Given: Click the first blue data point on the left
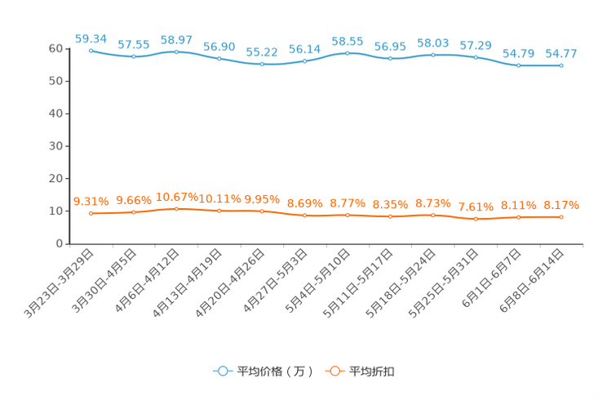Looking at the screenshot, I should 91,50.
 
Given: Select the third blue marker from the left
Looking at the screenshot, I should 176,51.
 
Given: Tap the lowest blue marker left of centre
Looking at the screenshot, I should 262,64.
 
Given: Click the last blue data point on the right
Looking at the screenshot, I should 561,65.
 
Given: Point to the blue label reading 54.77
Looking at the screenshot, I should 561,54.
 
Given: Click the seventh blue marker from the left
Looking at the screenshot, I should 348,53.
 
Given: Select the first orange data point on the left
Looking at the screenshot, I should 91,213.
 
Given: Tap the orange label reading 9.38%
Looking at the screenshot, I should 91,201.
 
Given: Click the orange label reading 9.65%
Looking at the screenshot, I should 133,199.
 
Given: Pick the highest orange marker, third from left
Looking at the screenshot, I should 176,209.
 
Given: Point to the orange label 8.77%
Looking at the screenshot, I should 348,203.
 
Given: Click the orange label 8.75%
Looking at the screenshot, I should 433,203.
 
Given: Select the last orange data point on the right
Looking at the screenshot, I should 561,217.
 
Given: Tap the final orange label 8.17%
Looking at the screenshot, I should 561,206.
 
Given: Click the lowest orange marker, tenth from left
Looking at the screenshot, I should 476,219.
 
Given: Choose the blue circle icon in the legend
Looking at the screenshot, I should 221,371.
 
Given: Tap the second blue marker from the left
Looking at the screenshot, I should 133,56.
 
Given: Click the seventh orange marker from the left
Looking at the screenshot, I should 348,215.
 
